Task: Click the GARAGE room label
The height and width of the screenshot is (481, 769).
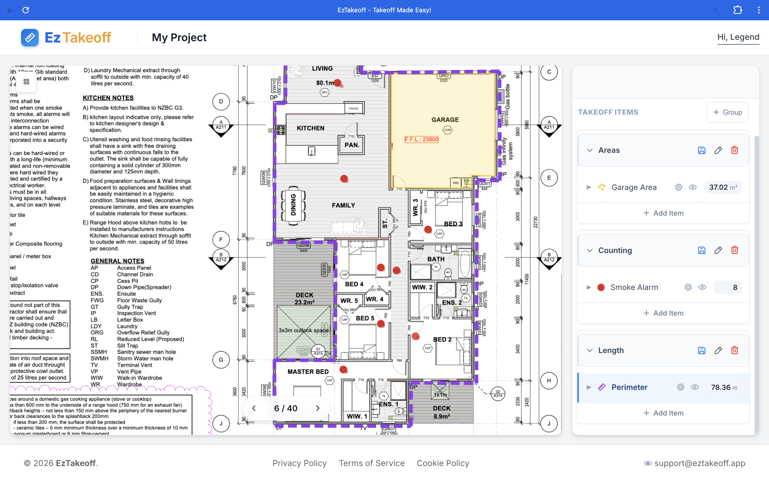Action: tap(445, 120)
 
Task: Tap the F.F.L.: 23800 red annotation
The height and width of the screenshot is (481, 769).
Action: tap(421, 139)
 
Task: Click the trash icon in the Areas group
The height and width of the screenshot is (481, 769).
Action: tap(734, 150)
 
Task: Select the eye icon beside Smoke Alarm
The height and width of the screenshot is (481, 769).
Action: tap(702, 287)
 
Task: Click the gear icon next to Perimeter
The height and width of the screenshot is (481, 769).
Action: tap(680, 387)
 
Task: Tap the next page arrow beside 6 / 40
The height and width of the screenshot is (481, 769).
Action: tap(317, 408)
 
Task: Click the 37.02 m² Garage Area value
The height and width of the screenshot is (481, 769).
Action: tap(723, 187)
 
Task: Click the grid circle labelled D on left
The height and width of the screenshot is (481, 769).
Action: tap(221, 102)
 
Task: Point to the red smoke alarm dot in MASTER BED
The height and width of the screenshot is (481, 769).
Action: tap(343, 369)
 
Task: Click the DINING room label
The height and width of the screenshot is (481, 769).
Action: tap(293, 205)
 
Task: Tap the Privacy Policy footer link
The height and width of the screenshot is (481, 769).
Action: tap(299, 463)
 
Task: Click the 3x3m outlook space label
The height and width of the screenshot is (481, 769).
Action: tap(304, 331)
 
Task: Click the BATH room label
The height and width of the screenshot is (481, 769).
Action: tap(436, 259)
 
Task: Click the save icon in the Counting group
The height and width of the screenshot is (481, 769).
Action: tap(702, 250)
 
